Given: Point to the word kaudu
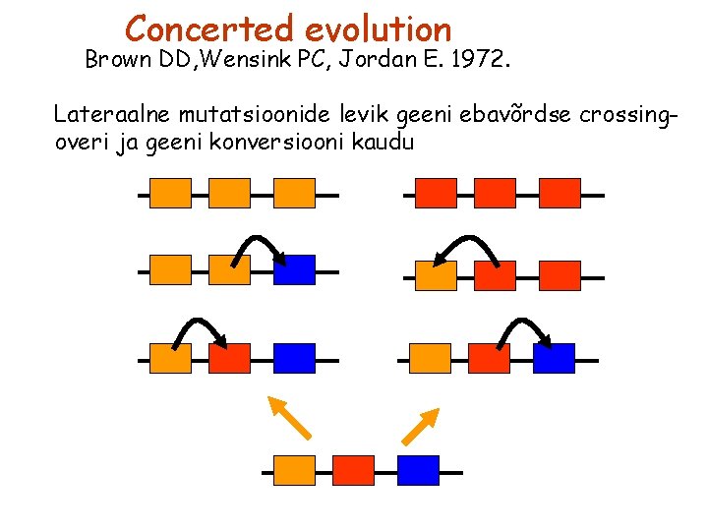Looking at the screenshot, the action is click(386, 142).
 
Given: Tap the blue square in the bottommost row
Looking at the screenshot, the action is click(418, 471).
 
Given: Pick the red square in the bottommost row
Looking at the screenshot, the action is click(354, 471).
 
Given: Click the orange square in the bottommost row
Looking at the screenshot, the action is click(295, 471).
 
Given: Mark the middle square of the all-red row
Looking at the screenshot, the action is click(495, 194).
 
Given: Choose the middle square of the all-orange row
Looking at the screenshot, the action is click(230, 194).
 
